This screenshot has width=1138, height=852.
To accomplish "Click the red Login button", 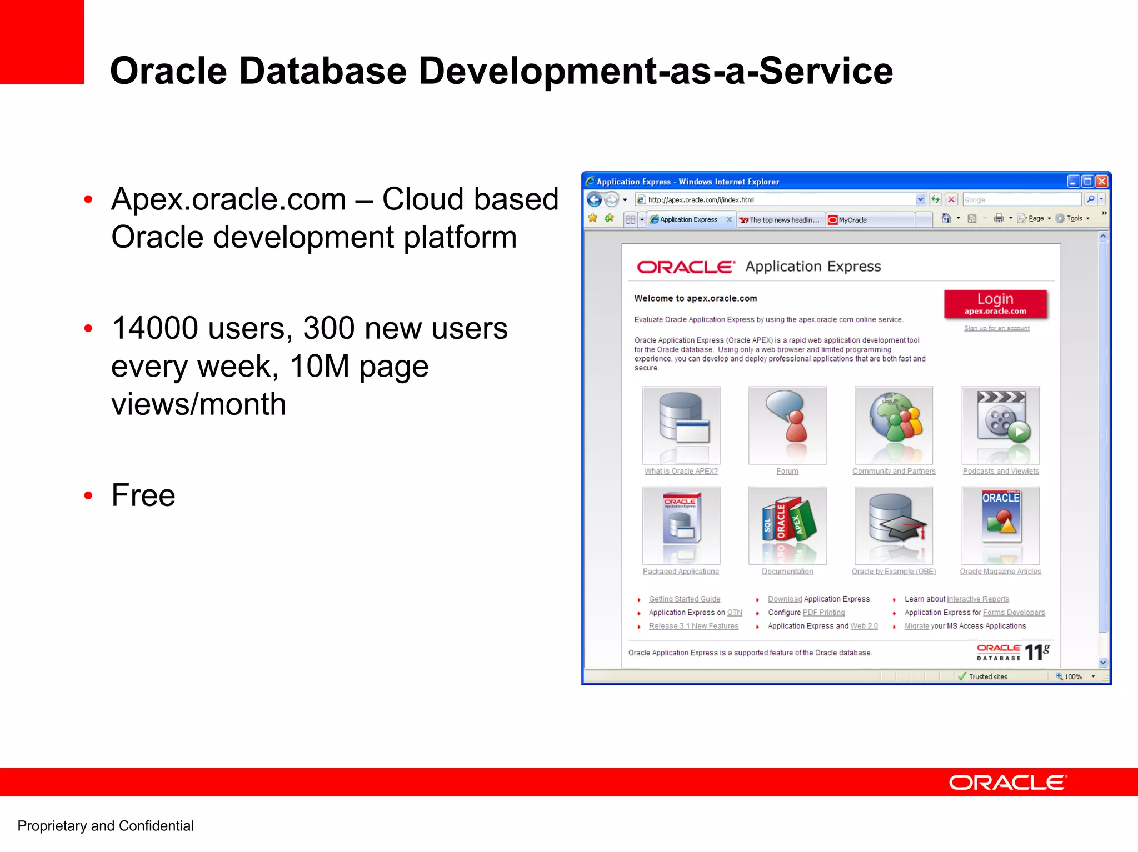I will click(995, 304).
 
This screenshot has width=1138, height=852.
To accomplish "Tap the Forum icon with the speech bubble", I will click(787, 425).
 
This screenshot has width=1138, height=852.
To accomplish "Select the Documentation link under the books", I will click(787, 572).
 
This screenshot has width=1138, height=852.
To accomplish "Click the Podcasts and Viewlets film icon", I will click(1000, 425).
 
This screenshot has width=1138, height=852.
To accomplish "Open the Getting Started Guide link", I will click(684, 599).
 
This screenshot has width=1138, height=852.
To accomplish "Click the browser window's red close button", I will click(1101, 181).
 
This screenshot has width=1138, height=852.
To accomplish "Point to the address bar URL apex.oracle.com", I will click(701, 199).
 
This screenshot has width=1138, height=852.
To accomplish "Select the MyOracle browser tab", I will click(852, 220).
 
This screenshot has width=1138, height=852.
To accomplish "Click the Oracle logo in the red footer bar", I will click(1007, 783).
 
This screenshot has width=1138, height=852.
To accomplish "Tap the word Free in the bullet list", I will click(143, 495).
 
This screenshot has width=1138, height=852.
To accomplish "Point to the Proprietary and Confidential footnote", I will click(106, 826).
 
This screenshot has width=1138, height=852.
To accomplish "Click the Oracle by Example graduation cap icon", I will click(894, 525).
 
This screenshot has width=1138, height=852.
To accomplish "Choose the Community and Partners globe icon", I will click(894, 425).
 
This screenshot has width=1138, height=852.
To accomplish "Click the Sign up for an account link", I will click(996, 328).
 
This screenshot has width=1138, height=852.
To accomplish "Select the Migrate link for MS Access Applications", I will click(916, 626).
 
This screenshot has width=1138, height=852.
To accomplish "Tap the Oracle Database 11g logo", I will click(1013, 652).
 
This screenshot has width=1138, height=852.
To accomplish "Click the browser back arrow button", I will click(594, 199).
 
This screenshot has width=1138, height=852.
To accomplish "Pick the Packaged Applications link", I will click(681, 572).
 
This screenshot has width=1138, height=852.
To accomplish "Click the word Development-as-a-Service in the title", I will click(655, 71).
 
